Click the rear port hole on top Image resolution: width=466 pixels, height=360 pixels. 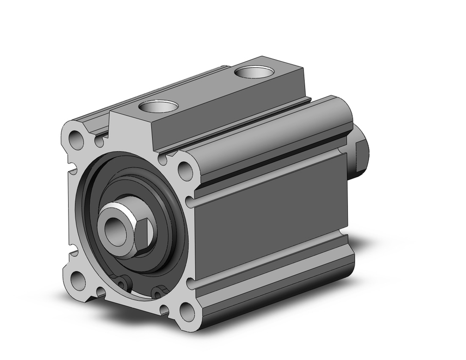[x=254, y=73]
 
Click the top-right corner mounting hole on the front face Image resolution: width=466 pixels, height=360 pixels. [x=185, y=170]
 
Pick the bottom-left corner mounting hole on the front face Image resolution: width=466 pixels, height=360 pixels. [x=78, y=281]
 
